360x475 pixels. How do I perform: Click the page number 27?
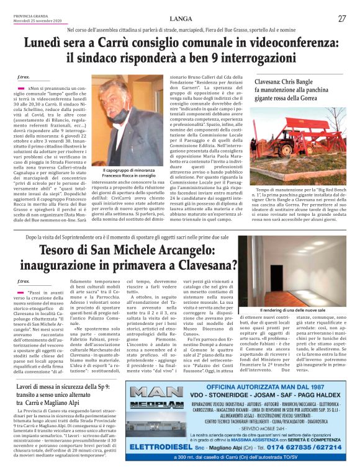pos(342,19)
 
